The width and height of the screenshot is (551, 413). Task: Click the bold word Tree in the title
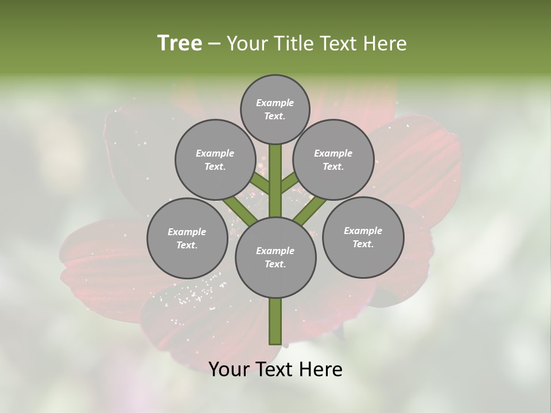(x=180, y=44)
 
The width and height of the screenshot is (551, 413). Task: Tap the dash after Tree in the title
(x=215, y=44)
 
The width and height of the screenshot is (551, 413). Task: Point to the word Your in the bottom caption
(x=228, y=369)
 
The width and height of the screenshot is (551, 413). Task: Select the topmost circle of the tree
(x=275, y=109)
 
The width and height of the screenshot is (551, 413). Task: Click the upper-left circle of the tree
(x=215, y=159)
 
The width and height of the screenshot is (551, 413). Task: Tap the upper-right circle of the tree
(x=333, y=159)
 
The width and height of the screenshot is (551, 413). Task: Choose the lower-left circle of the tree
(x=187, y=238)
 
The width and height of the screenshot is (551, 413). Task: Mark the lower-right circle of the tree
(x=363, y=237)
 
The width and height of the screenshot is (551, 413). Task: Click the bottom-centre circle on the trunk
(x=275, y=257)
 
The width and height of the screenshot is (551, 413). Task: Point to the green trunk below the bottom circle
(x=275, y=321)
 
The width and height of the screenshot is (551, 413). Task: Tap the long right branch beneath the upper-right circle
(x=311, y=209)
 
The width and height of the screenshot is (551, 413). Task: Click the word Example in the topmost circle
(x=275, y=103)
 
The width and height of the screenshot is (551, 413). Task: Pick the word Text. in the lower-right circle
(x=363, y=244)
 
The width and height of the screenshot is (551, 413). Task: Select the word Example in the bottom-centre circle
(x=275, y=251)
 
